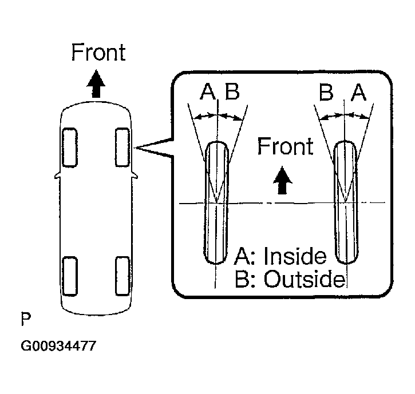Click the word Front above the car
click(x=98, y=53)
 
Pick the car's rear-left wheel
click(x=69, y=276)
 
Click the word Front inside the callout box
click(x=285, y=146)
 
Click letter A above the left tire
click(x=208, y=92)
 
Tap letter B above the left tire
click(x=232, y=92)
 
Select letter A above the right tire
click(x=358, y=92)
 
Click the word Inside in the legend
click(x=295, y=257)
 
